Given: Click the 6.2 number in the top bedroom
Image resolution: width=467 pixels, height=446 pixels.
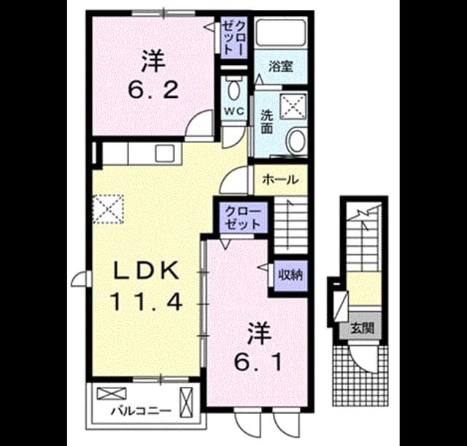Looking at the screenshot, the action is coord(153,90).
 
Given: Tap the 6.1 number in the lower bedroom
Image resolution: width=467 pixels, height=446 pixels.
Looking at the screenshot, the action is coord(258,362).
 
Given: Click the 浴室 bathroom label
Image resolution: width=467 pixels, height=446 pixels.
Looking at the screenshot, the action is coord(281,66).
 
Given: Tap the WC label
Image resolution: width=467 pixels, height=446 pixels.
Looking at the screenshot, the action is coord(234,112).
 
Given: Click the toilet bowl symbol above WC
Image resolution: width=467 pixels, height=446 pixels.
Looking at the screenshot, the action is coord(234,89).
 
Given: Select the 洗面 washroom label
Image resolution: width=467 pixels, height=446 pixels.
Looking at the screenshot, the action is coord(267,122).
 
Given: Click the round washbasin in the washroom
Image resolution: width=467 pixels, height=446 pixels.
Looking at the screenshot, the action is coord(297,141).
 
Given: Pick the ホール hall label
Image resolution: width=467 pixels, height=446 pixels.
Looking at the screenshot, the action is coord(280,180).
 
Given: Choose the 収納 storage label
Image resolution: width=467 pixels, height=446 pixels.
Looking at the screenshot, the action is coord(290,275).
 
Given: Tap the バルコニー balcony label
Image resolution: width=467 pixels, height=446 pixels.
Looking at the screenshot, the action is coord(142,412).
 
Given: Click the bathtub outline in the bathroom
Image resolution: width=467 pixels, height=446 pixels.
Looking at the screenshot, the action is coord(281,32).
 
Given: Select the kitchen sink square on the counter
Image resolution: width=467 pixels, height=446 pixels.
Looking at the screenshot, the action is coord(165,153).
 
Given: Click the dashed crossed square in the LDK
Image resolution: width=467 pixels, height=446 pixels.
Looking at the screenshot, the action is coord(108,209).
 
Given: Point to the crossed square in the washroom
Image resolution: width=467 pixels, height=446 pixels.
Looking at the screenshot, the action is coord(293,107).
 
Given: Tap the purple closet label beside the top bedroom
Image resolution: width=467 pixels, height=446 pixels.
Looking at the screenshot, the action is coord(235,37).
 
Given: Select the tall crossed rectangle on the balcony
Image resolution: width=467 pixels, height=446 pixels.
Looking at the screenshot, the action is coord(187,402).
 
